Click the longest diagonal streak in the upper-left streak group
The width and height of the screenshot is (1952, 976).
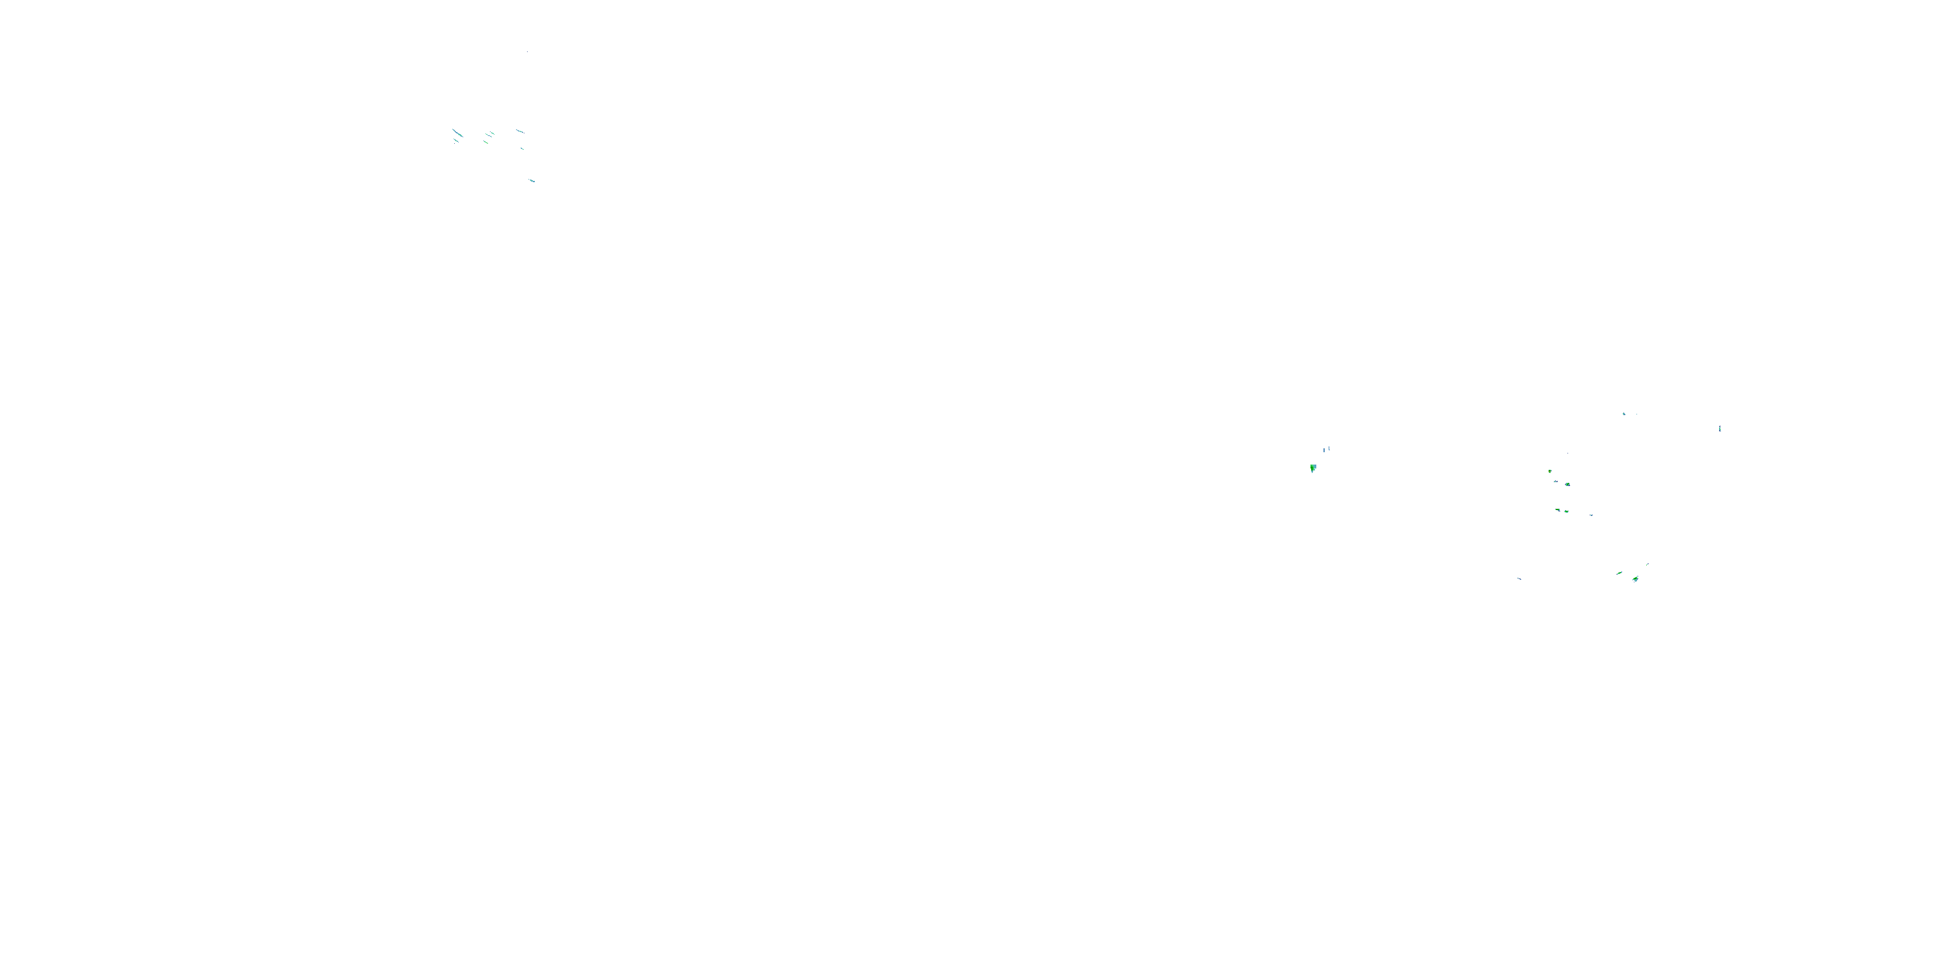tap(457, 133)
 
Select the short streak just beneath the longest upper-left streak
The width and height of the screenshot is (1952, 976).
tap(455, 141)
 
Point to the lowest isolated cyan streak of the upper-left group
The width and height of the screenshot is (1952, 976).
tap(532, 180)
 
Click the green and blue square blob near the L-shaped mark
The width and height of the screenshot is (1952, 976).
tap(1313, 468)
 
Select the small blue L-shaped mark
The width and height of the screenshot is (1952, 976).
tap(1329, 448)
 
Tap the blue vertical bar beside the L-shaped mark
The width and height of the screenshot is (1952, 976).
tap(1324, 451)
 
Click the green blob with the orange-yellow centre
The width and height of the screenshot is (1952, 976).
tap(1550, 471)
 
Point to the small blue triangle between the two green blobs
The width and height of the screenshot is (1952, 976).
tap(1556, 481)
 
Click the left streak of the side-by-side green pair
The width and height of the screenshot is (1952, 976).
tap(1558, 510)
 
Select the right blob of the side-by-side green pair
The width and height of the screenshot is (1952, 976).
tap(1566, 511)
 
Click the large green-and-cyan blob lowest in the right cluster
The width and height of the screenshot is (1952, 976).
tap(1636, 579)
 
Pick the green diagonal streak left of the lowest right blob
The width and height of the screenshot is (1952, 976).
tap(1620, 573)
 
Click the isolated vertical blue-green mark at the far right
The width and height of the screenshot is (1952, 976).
tap(1720, 429)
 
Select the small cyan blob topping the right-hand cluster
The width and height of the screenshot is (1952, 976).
tap(1624, 414)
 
